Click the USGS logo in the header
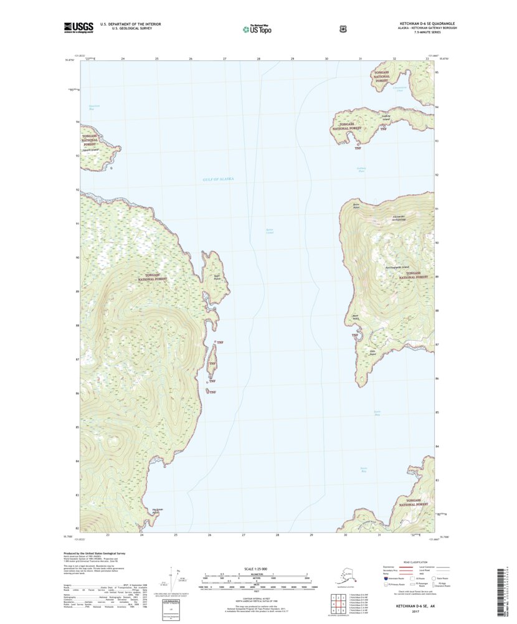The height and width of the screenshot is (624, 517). click(x=78, y=27)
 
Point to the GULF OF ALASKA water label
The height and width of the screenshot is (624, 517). click(x=218, y=179)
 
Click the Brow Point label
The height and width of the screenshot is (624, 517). click(x=357, y=204)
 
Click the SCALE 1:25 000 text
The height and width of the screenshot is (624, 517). click(x=258, y=569)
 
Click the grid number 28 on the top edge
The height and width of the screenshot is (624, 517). click(x=258, y=58)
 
